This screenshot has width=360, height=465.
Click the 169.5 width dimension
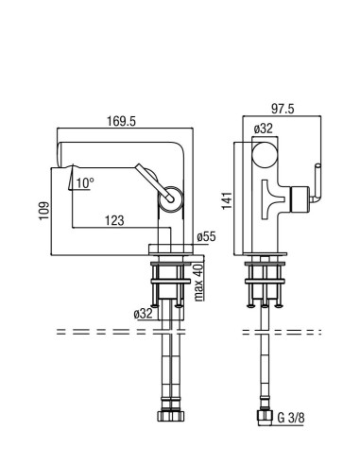(x=121, y=121)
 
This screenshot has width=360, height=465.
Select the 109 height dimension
(x=44, y=211)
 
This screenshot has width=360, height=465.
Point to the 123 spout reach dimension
(x=114, y=220)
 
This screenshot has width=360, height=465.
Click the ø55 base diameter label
(x=207, y=236)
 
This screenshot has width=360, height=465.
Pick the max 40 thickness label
(x=199, y=283)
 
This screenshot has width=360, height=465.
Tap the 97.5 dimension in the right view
(x=283, y=109)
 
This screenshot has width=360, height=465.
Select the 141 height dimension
(x=227, y=200)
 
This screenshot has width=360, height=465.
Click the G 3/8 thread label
(x=291, y=418)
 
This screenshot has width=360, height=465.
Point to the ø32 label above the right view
(x=263, y=129)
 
